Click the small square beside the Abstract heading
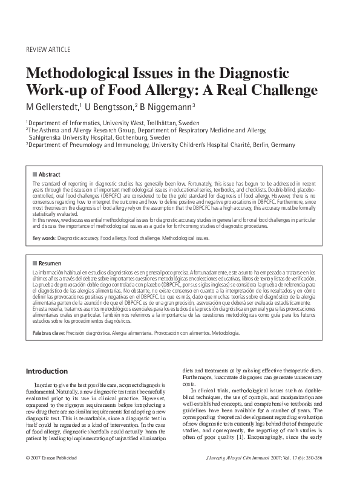pyautogui.click(x=34, y=174)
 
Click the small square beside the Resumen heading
pyautogui.click(x=34, y=264)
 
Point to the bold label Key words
pyautogui.click(x=45, y=238)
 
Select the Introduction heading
pyautogui.click(x=47, y=371)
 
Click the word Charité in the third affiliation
pyautogui.click(x=232, y=145)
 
